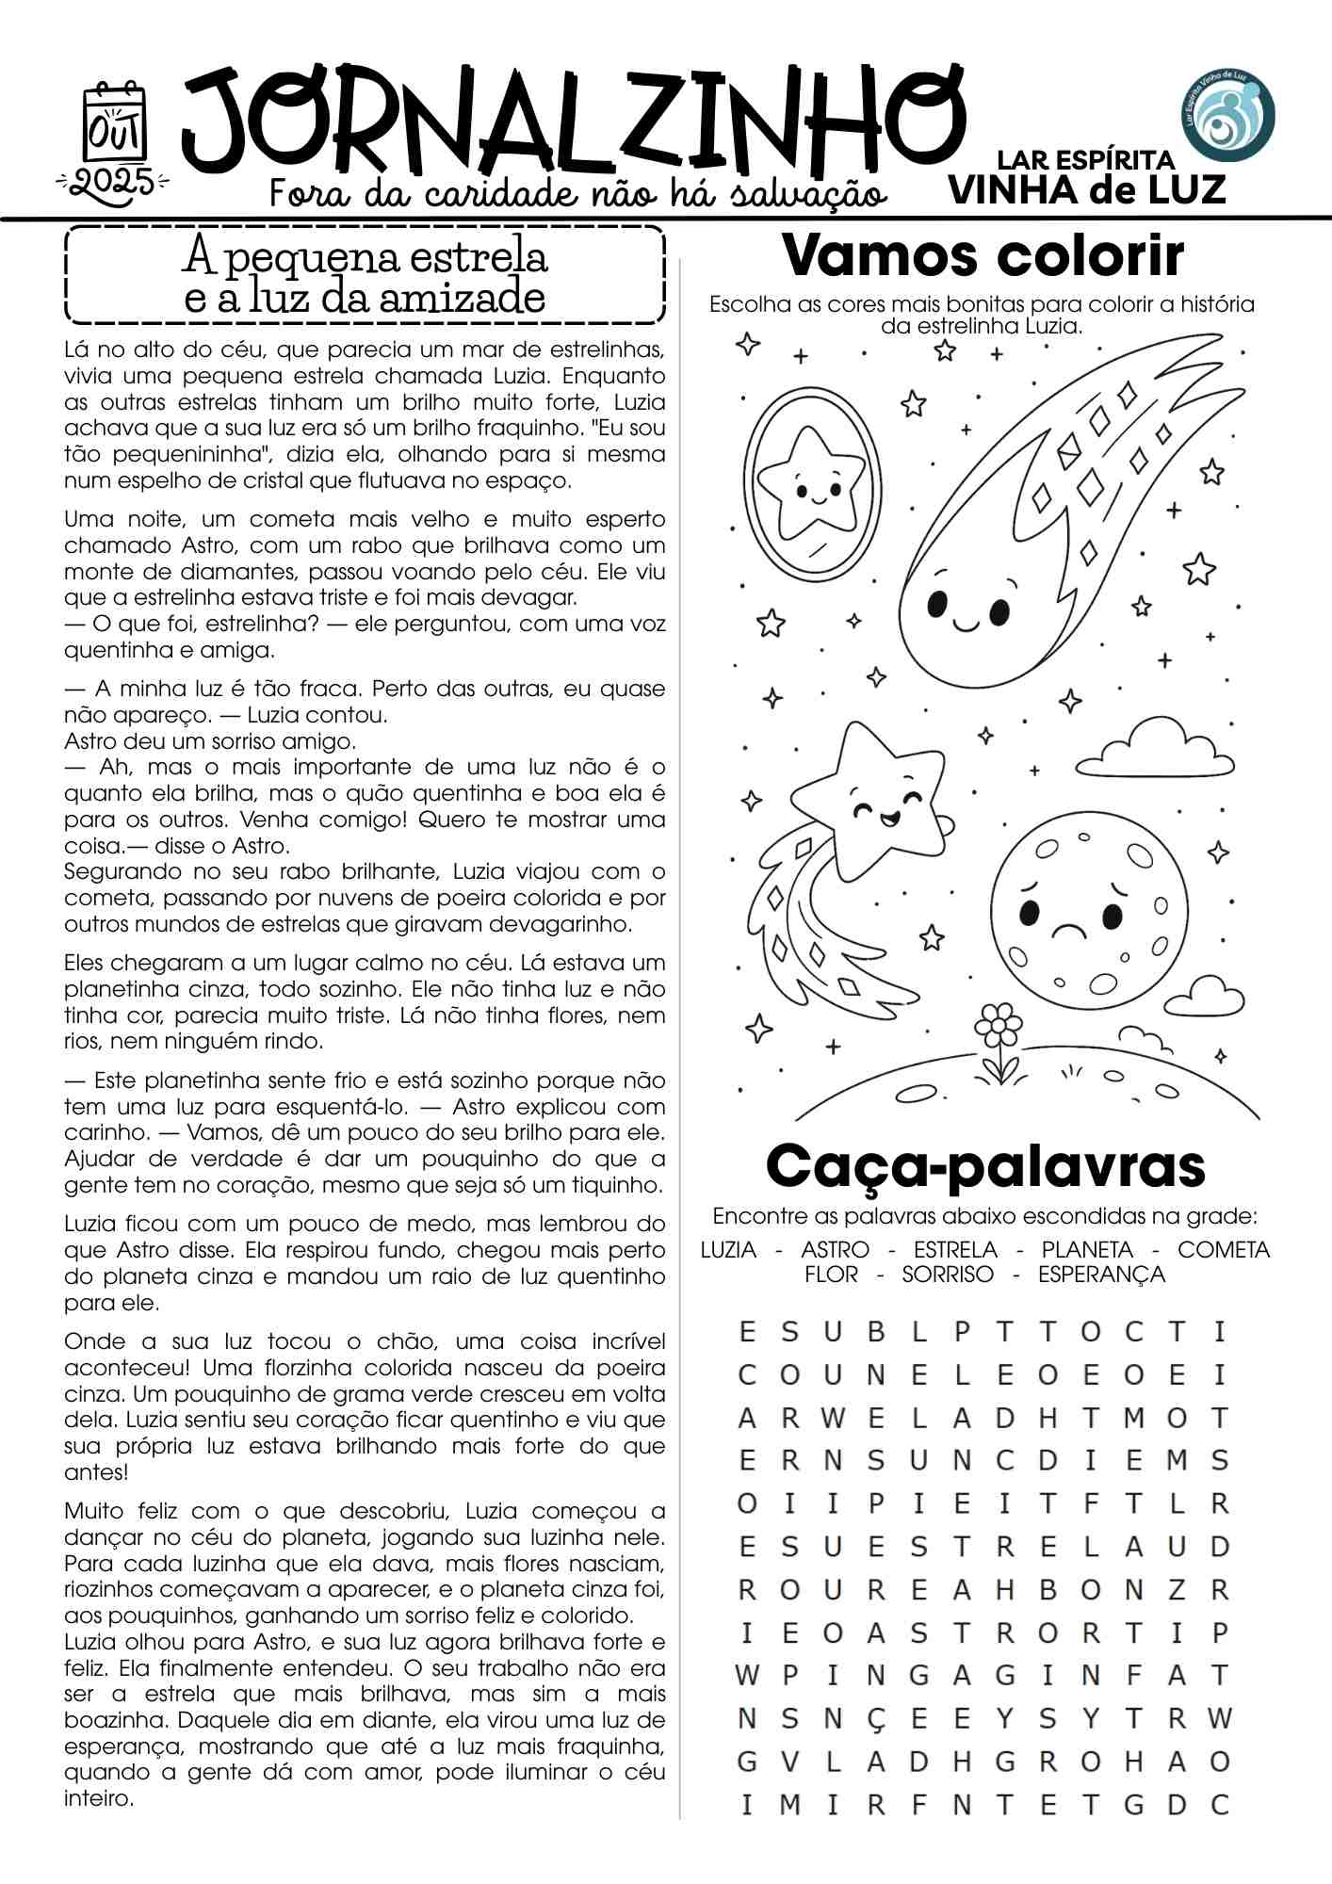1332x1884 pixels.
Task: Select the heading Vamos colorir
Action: tap(983, 255)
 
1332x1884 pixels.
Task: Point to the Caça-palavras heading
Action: tap(985, 1166)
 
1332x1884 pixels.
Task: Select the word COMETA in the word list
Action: tap(1224, 1250)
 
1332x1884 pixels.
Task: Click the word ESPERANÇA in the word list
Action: tap(1101, 1275)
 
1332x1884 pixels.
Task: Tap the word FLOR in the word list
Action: tap(831, 1275)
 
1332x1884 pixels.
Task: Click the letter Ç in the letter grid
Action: tap(875, 1719)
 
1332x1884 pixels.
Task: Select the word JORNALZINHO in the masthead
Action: tap(574, 123)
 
